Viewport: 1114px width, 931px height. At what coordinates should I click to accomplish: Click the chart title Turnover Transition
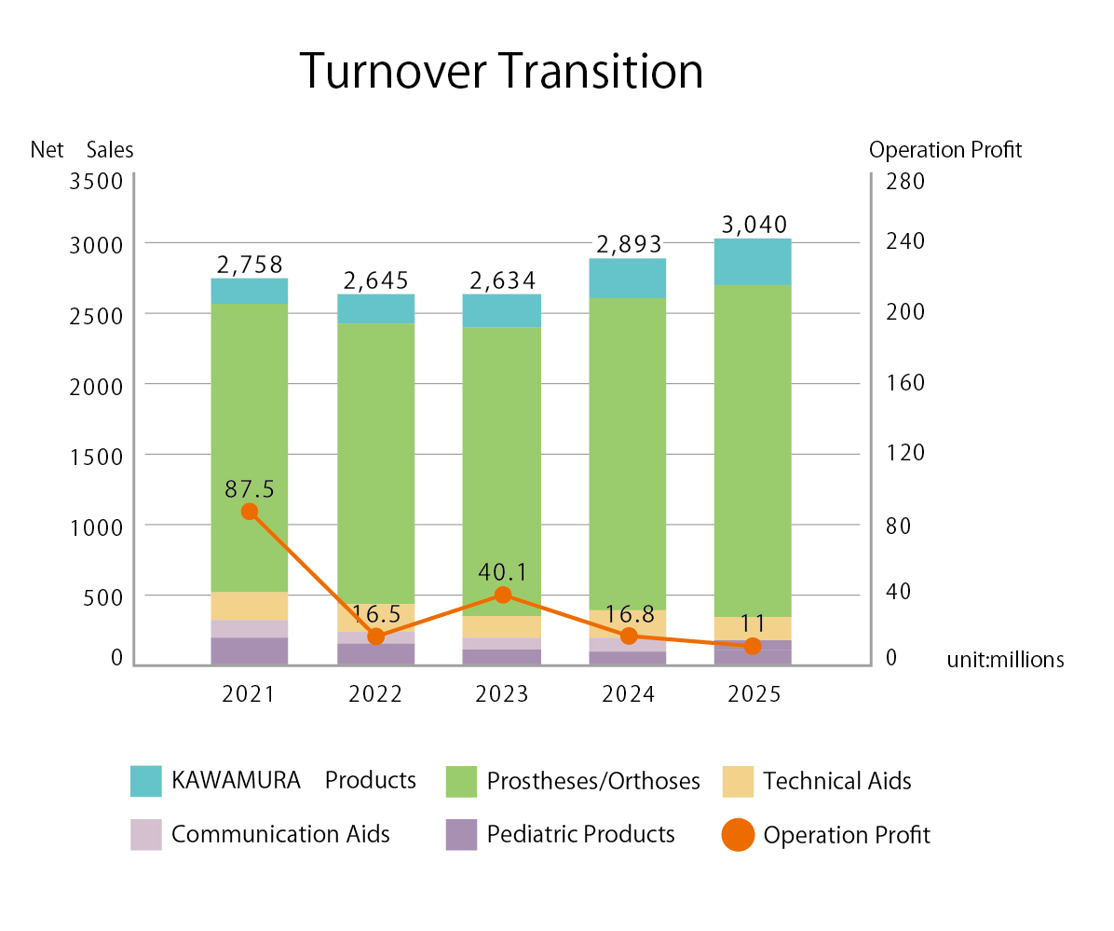pos(501,72)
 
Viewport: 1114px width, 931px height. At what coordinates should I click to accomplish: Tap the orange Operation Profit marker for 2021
pos(249,512)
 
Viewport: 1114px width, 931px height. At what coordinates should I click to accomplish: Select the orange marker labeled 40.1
pos(503,595)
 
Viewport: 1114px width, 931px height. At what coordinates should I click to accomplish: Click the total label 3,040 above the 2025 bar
pos(754,225)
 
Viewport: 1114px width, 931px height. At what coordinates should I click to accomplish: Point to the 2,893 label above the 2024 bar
pos(628,244)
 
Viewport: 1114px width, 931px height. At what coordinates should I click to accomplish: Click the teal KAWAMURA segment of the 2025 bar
pos(753,261)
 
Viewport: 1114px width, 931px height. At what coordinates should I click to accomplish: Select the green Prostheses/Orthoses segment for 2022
pos(375,463)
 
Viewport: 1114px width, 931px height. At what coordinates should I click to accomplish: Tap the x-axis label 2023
pos(502,695)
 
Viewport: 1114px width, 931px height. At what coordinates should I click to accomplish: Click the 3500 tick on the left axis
pos(96,181)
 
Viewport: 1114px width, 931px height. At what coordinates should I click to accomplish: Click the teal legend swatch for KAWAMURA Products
pos(146,781)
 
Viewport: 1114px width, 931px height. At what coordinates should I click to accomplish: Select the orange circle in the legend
pos(738,835)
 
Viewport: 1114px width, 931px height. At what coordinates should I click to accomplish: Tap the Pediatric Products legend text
pos(580,834)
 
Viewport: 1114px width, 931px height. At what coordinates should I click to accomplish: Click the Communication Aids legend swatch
pos(146,834)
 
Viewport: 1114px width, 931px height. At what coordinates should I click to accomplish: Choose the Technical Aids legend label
pos(836,781)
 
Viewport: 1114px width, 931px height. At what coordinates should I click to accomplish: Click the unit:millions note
pos(1005,660)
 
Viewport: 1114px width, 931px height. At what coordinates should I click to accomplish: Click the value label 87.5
pos(250,488)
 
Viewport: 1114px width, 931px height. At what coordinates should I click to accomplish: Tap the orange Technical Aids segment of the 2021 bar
pos(249,606)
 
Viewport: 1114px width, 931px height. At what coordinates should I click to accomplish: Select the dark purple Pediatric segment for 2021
pos(249,651)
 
